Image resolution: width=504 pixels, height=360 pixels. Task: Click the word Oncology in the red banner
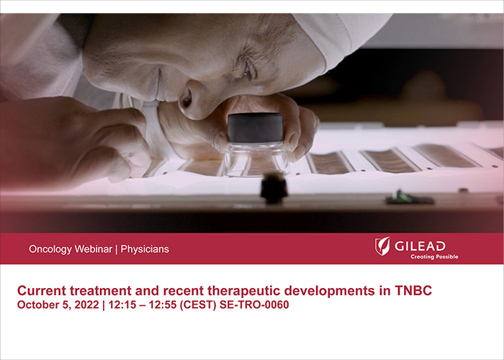50,250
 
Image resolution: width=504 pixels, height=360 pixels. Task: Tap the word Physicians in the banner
145,250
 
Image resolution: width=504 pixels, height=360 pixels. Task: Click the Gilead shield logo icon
382,246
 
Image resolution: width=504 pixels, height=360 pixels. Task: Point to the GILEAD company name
420,246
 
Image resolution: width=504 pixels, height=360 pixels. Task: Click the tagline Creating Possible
434,256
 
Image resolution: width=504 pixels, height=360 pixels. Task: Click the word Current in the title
42,291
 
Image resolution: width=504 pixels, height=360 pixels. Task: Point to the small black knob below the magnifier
274,189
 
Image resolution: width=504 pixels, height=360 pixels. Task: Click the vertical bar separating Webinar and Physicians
116,250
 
